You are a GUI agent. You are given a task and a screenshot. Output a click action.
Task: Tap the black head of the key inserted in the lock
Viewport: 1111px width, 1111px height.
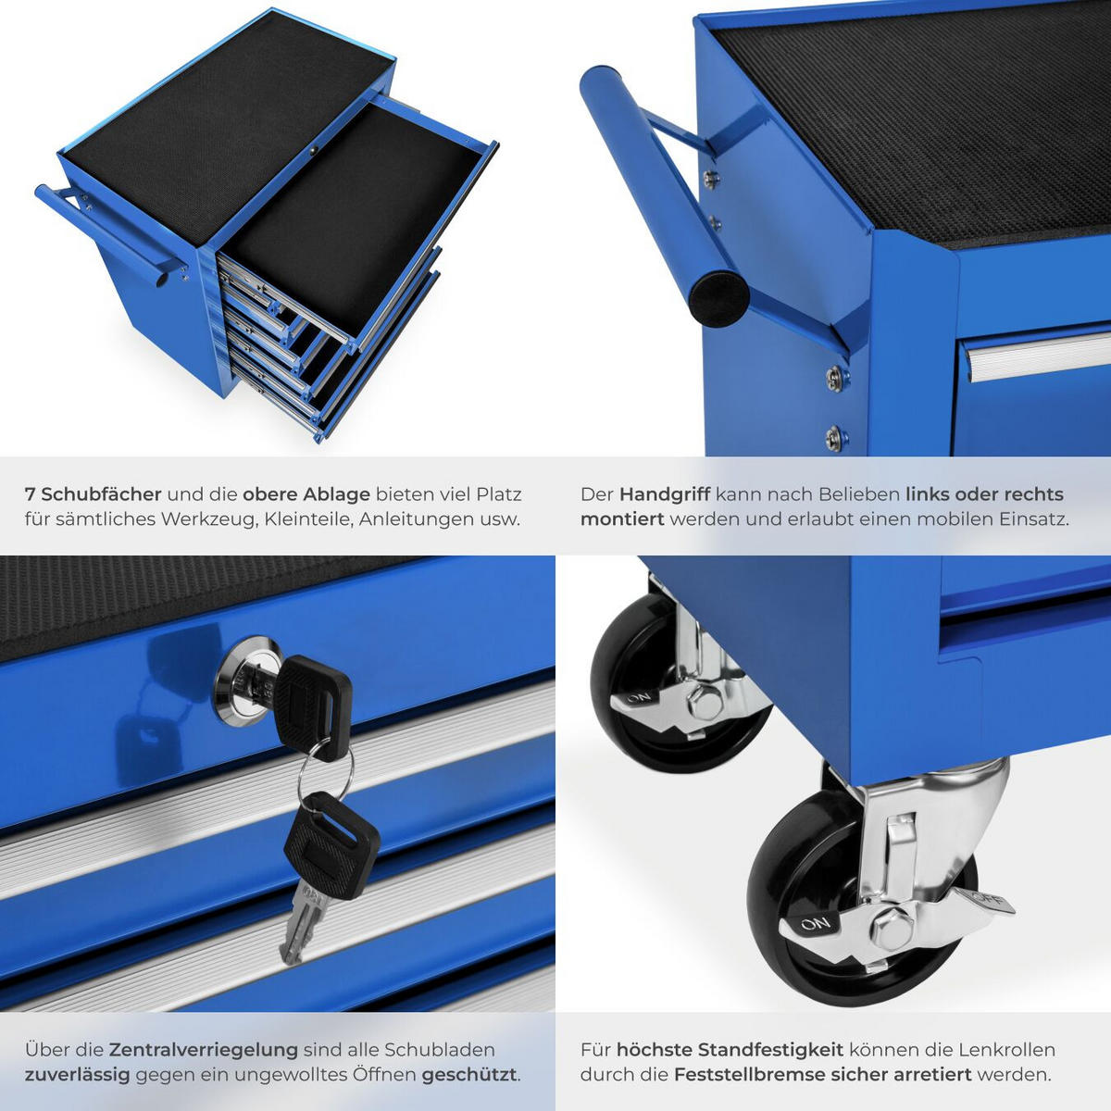(313, 700)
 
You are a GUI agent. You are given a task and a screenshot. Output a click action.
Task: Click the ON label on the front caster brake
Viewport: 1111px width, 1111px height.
(816, 923)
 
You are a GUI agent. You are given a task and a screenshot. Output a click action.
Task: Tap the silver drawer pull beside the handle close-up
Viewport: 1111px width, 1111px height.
(1037, 356)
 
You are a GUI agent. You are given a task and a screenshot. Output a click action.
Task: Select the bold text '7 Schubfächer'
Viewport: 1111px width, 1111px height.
(94, 494)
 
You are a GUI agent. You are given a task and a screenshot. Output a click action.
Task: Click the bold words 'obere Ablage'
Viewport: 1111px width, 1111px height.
(306, 494)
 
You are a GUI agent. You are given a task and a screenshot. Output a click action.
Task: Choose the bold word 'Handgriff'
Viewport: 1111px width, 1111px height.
(664, 494)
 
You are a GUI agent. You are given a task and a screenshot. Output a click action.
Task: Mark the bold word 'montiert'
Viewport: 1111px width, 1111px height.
(621, 519)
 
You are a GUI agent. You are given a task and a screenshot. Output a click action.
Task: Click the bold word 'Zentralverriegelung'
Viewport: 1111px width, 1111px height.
(204, 1050)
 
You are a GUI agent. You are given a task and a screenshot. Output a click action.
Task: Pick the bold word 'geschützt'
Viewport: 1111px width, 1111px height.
(470, 1075)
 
